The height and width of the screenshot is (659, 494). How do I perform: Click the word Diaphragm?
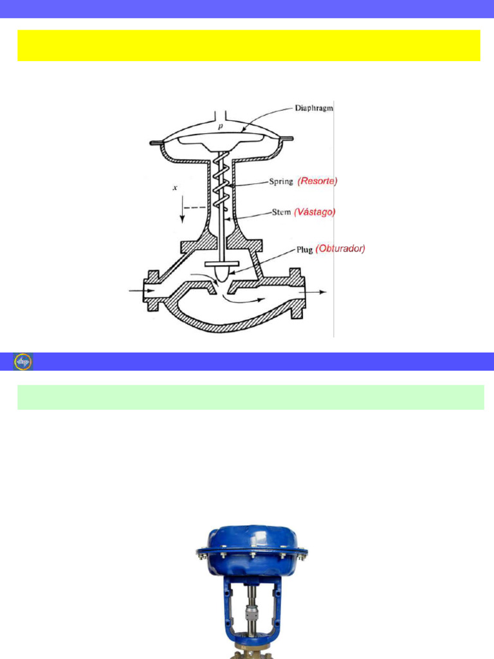pos(314,108)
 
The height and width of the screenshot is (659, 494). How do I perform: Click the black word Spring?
pos(281,182)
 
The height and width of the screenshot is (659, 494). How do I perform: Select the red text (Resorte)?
pos(318,181)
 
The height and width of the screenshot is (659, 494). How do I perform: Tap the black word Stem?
pos(282,212)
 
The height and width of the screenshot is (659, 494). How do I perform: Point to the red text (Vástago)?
pos(315,212)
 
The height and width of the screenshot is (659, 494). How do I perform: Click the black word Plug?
pos(304,250)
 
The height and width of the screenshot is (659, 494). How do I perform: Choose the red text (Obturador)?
pos(340,248)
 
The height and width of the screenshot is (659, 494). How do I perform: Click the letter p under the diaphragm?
pos(221,126)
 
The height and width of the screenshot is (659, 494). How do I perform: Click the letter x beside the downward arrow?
pos(175,187)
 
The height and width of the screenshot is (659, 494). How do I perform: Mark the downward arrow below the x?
pos(182,209)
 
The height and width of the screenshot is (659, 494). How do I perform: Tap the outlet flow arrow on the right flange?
pos(313,292)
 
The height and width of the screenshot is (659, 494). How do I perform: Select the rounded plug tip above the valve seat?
pos(223,274)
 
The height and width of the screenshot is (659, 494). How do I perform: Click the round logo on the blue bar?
pos(23,362)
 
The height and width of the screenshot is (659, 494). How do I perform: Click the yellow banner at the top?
pos(249,46)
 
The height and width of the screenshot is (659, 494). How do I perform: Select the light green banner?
pos(251,397)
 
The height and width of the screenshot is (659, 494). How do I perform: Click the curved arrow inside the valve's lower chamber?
pos(244,299)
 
